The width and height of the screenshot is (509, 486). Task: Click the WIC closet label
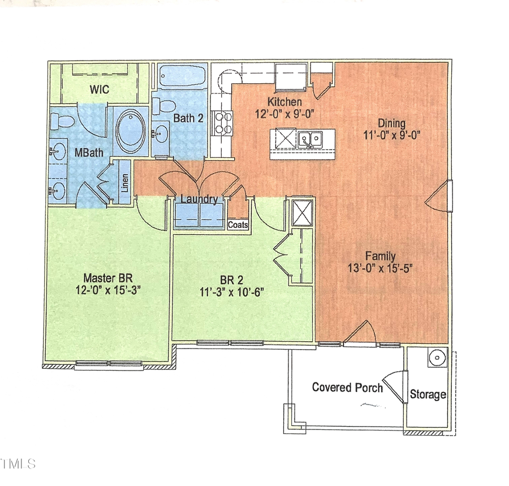point(98,90)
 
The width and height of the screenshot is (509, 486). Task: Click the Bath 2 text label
point(185,119)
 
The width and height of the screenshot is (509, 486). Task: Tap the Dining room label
point(391,123)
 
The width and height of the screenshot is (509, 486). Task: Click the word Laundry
point(199,199)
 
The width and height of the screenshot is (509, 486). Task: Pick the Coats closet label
point(238,225)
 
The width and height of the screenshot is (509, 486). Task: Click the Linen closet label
point(125,182)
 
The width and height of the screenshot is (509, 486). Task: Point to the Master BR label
point(108,278)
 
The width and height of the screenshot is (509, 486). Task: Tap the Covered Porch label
point(347,388)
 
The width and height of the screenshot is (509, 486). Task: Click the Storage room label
point(428,394)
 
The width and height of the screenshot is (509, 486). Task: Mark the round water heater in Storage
point(436,358)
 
